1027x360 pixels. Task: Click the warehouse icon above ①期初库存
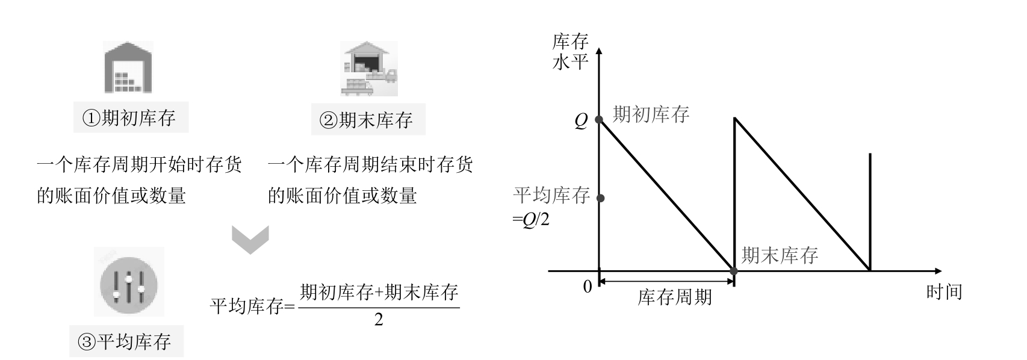(128, 67)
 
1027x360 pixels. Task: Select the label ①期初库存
(131, 117)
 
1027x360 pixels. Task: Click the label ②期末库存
(368, 120)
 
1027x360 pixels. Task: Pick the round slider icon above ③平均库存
(129, 282)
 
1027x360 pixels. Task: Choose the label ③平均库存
(126, 342)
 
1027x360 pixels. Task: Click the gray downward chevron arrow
(250, 239)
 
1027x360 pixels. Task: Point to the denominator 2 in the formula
(378, 320)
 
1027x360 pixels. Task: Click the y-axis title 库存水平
(569, 52)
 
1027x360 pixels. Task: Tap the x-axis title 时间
(944, 292)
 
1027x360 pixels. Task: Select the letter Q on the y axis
(580, 121)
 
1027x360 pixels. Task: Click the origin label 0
(588, 287)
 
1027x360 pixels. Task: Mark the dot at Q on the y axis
(599, 119)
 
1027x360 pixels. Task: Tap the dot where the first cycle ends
(733, 271)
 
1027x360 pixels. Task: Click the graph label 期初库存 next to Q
(651, 114)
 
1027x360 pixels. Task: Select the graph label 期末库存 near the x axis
(780, 255)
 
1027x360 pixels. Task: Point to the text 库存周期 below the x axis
(674, 297)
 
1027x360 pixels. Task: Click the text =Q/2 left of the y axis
(531, 220)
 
